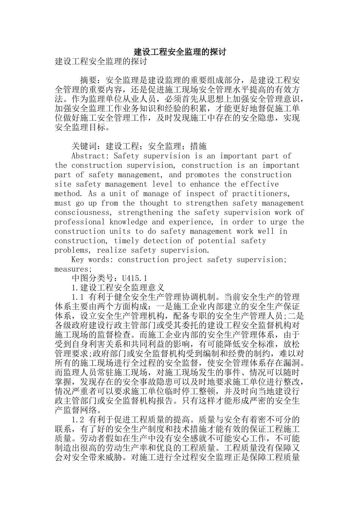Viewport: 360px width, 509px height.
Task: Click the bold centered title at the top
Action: [x=180, y=52]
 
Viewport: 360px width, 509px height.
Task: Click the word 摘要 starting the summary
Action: [x=88, y=80]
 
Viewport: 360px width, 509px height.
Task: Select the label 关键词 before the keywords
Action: [x=84, y=147]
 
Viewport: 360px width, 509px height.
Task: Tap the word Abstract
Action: [x=89, y=156]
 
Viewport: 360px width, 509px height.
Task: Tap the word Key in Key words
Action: [x=78, y=260]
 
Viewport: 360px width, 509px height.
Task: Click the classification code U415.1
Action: [x=135, y=279]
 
